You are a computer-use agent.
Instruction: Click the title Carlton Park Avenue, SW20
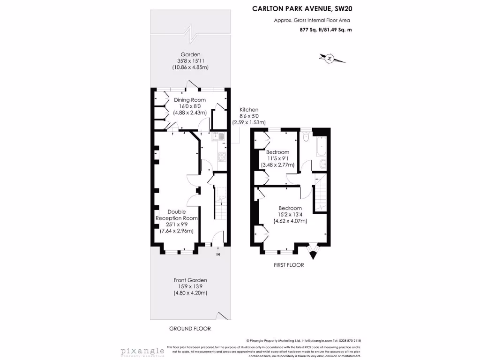pos(306,8)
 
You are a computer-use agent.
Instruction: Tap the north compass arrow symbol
pos(330,59)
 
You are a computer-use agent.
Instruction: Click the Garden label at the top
pos(190,54)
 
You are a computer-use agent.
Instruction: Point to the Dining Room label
pos(190,100)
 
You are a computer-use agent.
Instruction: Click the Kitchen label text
pos(248,110)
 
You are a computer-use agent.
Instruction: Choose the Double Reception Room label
pos(177,215)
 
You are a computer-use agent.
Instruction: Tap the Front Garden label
pos(190,280)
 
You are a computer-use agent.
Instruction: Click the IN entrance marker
pos(218,255)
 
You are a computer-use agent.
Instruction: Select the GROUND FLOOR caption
pos(190,329)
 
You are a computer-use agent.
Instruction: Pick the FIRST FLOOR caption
pos(289,265)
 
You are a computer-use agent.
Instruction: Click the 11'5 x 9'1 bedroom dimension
pos(278,158)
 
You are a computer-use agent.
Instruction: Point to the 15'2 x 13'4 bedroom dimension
pos(290,215)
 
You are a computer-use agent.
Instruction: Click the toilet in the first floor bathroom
pos(306,138)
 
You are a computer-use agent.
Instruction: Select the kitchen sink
pos(221,137)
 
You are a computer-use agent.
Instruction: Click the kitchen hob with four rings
pos(222,156)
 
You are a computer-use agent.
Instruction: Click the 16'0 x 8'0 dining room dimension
pos(190,106)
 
